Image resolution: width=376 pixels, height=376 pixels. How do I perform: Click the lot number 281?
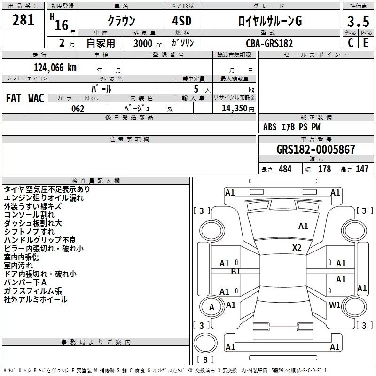(23, 20)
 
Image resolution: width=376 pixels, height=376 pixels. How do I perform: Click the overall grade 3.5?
(358, 22)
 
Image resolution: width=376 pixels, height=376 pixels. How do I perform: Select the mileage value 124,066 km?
(55, 68)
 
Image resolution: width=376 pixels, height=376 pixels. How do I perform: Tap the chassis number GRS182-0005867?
(315, 149)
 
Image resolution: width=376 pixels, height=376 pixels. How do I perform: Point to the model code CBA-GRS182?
(269, 43)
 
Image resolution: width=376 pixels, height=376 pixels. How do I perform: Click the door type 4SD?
(182, 21)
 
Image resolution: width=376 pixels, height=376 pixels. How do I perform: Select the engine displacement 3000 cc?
(148, 43)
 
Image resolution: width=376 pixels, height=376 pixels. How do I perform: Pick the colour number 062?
(78, 109)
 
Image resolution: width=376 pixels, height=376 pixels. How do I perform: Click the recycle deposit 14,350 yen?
(238, 109)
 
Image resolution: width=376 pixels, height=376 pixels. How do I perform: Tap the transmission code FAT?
(14, 98)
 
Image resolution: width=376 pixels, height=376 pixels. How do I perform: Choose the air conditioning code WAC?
(36, 98)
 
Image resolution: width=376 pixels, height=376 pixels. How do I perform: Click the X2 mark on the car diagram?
(297, 248)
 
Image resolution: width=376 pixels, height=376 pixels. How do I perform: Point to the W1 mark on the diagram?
(335, 305)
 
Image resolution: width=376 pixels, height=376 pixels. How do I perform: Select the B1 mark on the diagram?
(235, 272)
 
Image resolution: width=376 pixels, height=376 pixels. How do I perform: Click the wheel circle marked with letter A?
(212, 307)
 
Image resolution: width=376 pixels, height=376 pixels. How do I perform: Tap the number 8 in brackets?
(205, 360)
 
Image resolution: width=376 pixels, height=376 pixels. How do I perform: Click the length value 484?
(285, 169)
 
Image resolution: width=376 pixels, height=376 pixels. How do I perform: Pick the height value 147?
(362, 169)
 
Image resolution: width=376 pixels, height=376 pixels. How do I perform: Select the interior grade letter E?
(366, 43)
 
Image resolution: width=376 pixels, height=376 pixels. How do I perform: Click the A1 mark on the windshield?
(303, 226)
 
